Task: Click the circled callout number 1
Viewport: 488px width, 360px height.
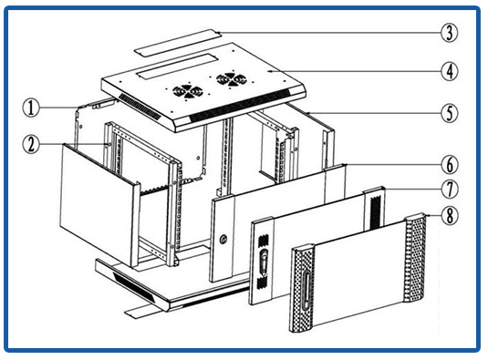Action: coord(31,108)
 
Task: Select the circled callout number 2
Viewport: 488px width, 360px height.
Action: coord(31,145)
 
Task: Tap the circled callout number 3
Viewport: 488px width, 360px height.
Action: coord(450,33)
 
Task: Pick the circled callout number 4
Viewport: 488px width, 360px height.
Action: coord(450,71)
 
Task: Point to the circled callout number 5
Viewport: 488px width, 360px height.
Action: coord(450,113)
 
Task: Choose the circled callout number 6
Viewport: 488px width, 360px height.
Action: coord(450,165)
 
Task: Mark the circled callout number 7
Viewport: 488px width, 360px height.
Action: coord(450,190)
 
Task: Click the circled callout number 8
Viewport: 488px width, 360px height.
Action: coord(450,215)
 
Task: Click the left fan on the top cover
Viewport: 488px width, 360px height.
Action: coord(187,91)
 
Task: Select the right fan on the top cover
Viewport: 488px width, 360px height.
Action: coord(232,79)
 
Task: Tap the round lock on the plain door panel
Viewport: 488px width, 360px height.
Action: coord(223,240)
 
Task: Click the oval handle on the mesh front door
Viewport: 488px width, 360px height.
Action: coord(306,291)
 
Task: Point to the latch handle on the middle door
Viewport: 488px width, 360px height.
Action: coord(264,261)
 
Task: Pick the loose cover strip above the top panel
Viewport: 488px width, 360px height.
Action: coord(178,43)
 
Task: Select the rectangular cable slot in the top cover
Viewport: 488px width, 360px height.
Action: coord(176,67)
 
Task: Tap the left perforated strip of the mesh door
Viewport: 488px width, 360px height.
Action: coord(302,288)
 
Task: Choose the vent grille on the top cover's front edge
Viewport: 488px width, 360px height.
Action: coord(239,107)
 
